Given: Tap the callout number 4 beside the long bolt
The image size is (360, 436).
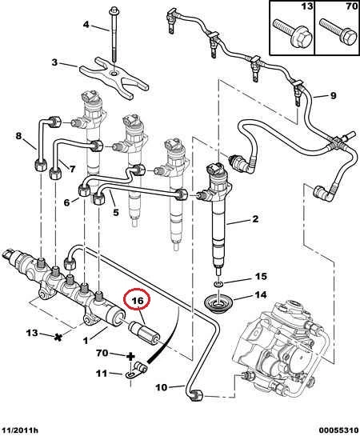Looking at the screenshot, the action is point(86,25).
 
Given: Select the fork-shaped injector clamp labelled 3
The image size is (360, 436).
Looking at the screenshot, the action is point(114,77).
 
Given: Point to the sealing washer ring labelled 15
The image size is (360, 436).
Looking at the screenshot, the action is point(218,284).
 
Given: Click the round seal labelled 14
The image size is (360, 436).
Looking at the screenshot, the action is point(219,304).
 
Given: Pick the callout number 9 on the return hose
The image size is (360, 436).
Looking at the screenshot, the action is point(333,96).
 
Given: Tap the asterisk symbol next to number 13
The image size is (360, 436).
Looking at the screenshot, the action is point(58,338).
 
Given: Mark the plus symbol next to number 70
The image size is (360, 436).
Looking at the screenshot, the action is point(130,356).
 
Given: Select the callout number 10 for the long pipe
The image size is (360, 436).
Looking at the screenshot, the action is point(162,387).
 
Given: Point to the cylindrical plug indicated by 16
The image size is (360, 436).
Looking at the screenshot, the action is point(143,331).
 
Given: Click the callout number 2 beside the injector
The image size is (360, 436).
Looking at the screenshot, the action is point(255,219).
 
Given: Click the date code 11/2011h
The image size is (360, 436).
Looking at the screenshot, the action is point(19,430).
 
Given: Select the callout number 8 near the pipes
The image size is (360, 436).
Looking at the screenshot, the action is point(18,136).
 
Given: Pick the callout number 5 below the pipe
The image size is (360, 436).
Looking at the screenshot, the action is point(116,213).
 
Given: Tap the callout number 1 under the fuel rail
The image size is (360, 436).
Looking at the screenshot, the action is point(86,340).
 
